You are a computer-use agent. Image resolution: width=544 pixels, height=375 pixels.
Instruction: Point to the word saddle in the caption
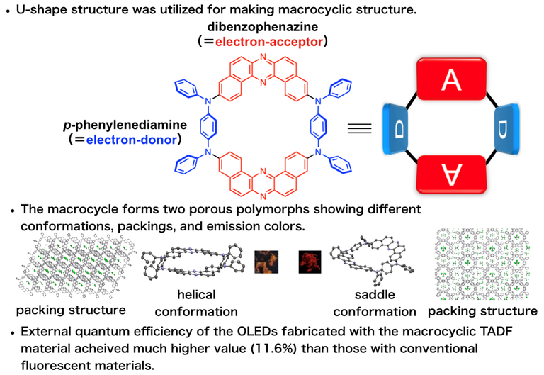375,294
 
